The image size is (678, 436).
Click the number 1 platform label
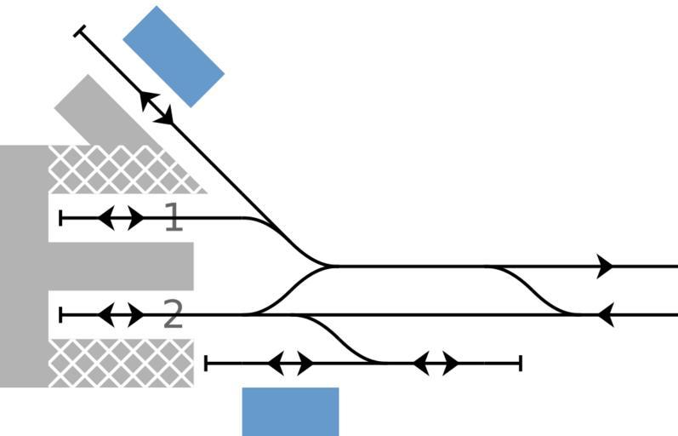(173, 218)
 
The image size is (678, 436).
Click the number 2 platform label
(173, 316)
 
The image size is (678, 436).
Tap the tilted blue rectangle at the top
(174, 56)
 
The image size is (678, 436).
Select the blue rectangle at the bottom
(290, 411)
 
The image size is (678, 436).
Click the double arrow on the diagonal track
(157, 107)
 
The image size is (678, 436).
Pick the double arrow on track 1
(121, 218)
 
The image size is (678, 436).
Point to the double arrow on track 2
(121, 315)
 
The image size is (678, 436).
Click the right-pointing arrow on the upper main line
(606, 266)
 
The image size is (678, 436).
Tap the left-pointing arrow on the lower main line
(605, 315)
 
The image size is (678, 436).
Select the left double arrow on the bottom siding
(290, 364)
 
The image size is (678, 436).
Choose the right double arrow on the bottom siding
(436, 364)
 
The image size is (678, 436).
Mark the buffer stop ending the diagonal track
(80, 32)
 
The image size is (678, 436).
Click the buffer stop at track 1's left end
(60, 218)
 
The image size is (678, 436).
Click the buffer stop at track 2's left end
(60, 315)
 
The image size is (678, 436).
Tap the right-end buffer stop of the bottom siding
(520, 364)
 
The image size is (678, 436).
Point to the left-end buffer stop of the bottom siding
(207, 364)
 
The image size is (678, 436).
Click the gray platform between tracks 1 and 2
(119, 266)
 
